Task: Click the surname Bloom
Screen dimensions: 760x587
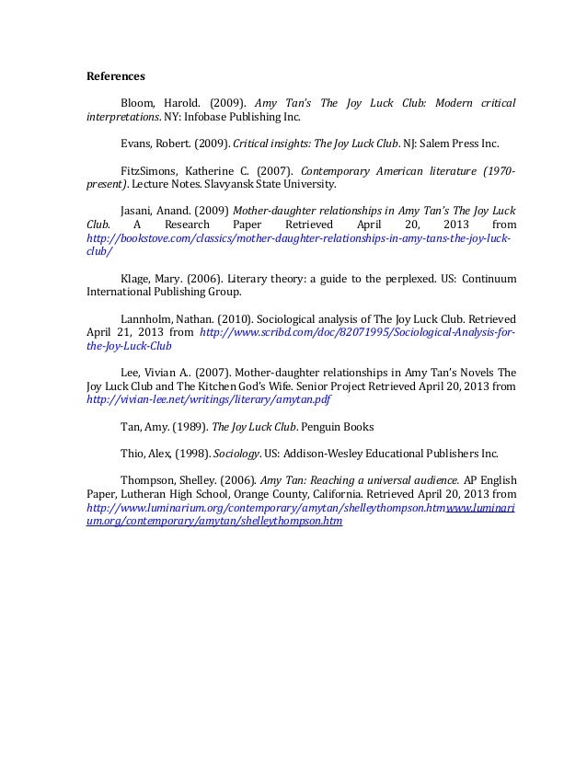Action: pos(138,101)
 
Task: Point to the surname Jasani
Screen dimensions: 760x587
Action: pos(138,210)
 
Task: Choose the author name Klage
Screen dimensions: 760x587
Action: pos(136,279)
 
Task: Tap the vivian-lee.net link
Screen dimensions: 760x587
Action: pos(208,401)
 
